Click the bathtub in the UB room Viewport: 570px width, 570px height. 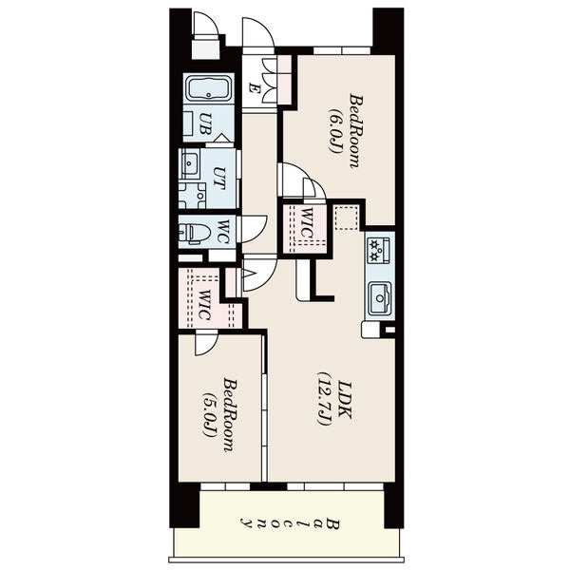point(206,91)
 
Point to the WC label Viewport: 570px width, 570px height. point(221,232)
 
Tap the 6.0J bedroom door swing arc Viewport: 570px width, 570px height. point(294,180)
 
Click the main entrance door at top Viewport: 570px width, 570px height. point(257,33)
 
